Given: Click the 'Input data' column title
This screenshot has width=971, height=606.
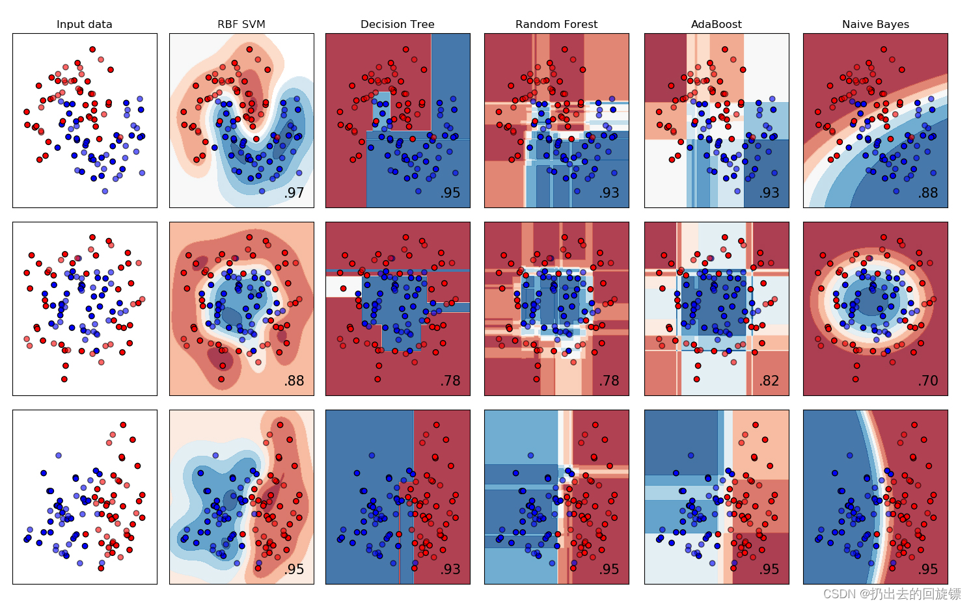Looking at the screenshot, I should point(85,25).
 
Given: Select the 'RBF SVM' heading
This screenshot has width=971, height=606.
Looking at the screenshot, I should point(241,25).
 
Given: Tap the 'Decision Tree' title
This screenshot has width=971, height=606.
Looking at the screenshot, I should point(398,25).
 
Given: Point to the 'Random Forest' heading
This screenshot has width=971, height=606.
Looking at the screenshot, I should point(556,25).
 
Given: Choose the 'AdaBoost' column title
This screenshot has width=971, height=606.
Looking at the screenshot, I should point(716,25).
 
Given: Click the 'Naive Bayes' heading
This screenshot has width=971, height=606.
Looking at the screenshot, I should point(875,25).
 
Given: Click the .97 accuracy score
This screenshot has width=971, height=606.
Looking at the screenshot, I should point(294,193).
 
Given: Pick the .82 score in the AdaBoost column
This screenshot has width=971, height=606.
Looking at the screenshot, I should point(769,381).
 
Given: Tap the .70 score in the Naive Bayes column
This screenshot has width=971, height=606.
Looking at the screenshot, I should point(928,381).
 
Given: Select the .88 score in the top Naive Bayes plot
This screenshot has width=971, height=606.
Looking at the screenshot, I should point(928,193).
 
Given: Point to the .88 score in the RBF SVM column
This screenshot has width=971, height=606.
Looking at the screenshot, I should point(294,381).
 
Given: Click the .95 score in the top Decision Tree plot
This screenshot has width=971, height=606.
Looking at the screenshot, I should point(450,193).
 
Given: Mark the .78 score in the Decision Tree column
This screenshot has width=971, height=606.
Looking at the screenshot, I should point(450,381).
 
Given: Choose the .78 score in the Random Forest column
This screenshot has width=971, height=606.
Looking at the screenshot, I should point(609,381).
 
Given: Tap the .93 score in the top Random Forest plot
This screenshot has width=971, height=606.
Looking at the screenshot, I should point(609,193).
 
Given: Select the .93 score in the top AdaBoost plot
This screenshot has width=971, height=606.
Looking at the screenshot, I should point(769,193).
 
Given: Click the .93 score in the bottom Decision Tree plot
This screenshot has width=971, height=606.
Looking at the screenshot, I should point(450,570).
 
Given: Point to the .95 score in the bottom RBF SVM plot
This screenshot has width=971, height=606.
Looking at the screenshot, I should point(294,570).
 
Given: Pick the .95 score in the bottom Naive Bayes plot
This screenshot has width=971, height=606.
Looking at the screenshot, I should point(928,570).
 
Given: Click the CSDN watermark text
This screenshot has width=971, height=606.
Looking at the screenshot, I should point(892,594).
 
